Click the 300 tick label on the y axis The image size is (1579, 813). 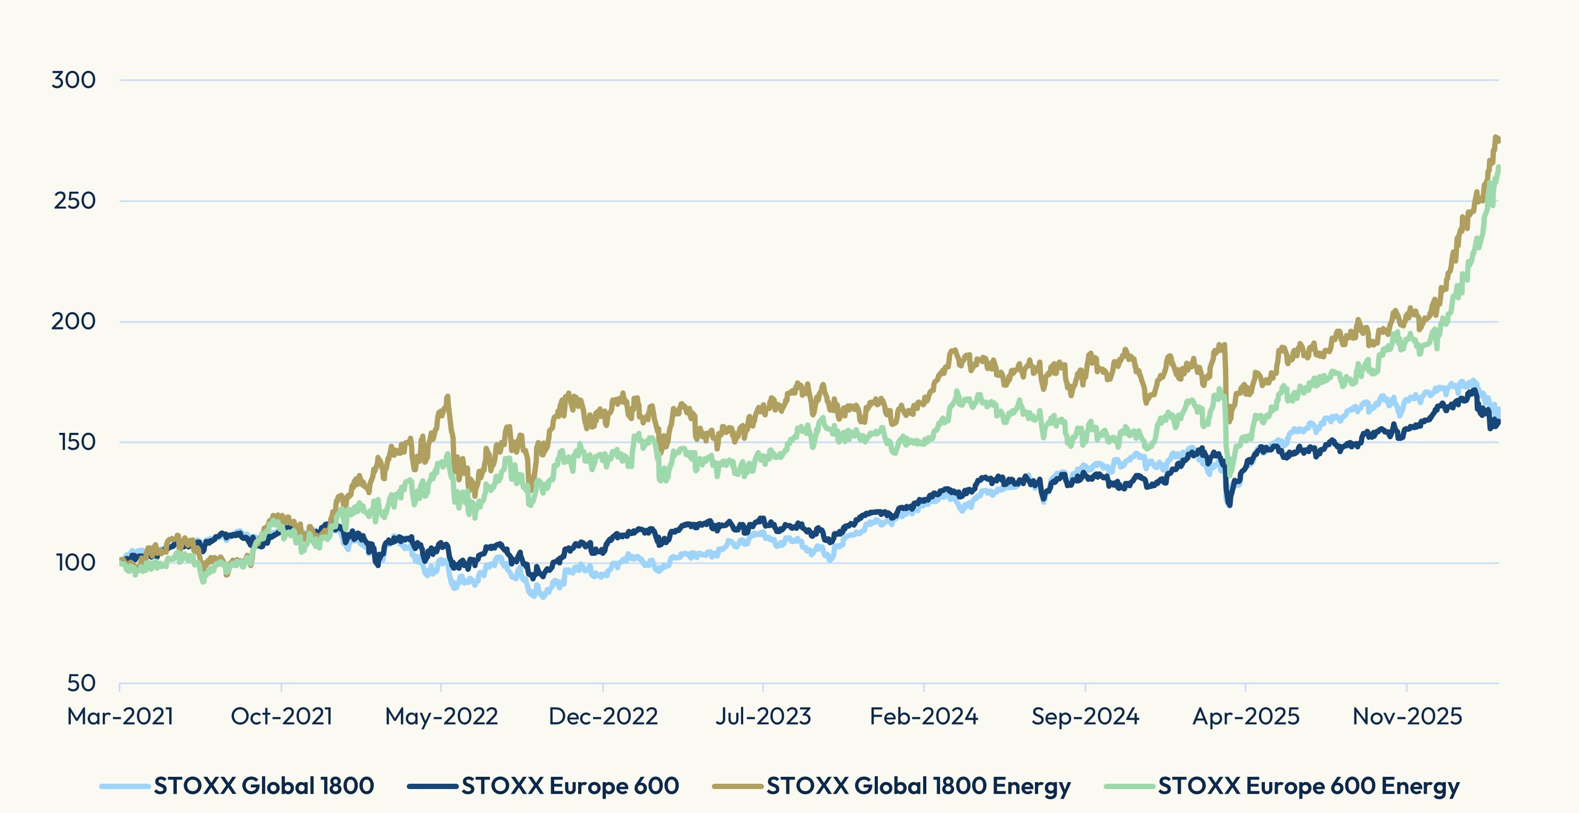point(73,80)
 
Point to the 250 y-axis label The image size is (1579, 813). point(75,201)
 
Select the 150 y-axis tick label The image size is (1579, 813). point(77,442)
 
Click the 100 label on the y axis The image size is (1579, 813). point(77,563)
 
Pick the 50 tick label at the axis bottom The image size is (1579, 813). point(81,684)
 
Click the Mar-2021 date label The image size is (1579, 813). point(120,717)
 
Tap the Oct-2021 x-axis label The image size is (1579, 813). point(281,717)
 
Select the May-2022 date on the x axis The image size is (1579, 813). point(441,717)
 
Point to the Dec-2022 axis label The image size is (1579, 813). point(603,717)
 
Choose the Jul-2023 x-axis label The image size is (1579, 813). point(763,717)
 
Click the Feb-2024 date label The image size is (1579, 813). point(924,717)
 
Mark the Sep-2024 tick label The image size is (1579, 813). point(1085,717)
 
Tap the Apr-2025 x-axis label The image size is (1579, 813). point(1246,717)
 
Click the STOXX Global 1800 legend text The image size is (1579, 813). point(264,786)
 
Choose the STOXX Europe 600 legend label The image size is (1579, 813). point(570,786)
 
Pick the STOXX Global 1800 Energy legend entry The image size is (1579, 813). point(918,786)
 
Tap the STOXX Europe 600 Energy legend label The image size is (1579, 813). point(1309,786)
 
